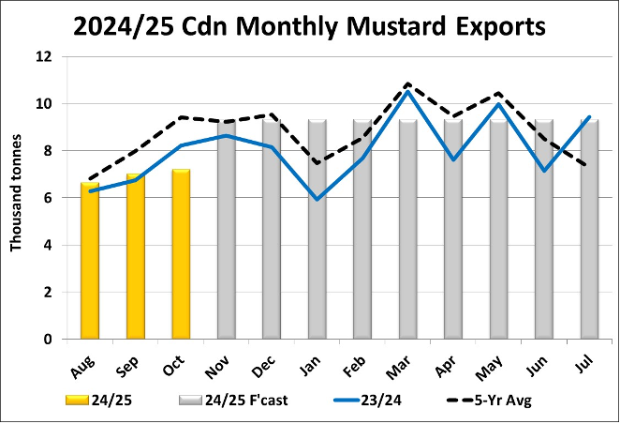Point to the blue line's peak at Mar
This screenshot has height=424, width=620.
coord(407,91)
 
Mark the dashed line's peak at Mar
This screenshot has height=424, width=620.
coord(407,83)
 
